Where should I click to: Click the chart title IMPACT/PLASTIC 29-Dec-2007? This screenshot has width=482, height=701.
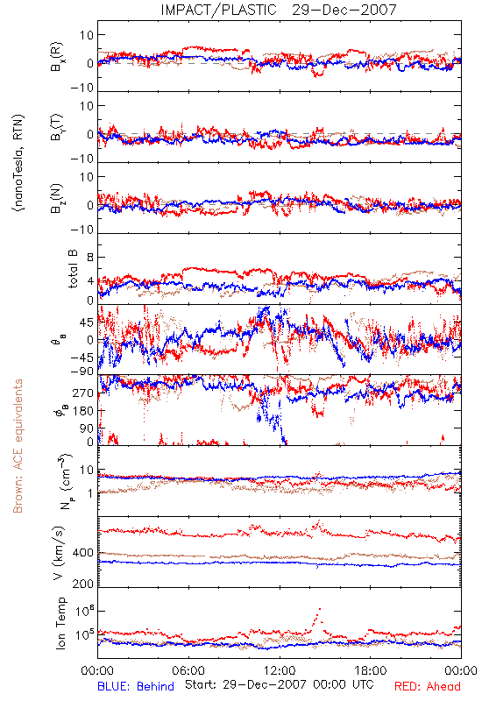279,10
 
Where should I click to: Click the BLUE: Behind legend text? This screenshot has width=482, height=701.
136,686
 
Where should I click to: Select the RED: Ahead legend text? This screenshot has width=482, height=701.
428,686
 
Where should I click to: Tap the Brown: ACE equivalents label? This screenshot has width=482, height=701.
18,446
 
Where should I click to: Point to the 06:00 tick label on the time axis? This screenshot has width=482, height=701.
188,670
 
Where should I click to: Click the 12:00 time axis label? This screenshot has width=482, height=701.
280,670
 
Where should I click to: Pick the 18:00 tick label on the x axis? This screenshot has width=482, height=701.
371,670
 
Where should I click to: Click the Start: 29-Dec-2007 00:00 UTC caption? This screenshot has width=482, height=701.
280,684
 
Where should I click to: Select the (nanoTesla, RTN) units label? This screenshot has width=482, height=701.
18,163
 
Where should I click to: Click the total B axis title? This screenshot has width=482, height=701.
73,269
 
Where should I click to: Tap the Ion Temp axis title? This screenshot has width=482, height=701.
60,623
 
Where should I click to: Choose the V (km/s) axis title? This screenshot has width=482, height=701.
59,553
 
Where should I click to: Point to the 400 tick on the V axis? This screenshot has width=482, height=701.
83,553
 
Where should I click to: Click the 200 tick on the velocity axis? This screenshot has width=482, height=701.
83,584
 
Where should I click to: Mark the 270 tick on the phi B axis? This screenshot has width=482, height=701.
83,393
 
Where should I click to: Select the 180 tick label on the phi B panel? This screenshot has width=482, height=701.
83,411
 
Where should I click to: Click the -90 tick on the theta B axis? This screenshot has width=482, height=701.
82,371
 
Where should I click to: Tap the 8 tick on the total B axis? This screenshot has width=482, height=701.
90,258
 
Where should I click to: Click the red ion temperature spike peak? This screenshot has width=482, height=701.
320,609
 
